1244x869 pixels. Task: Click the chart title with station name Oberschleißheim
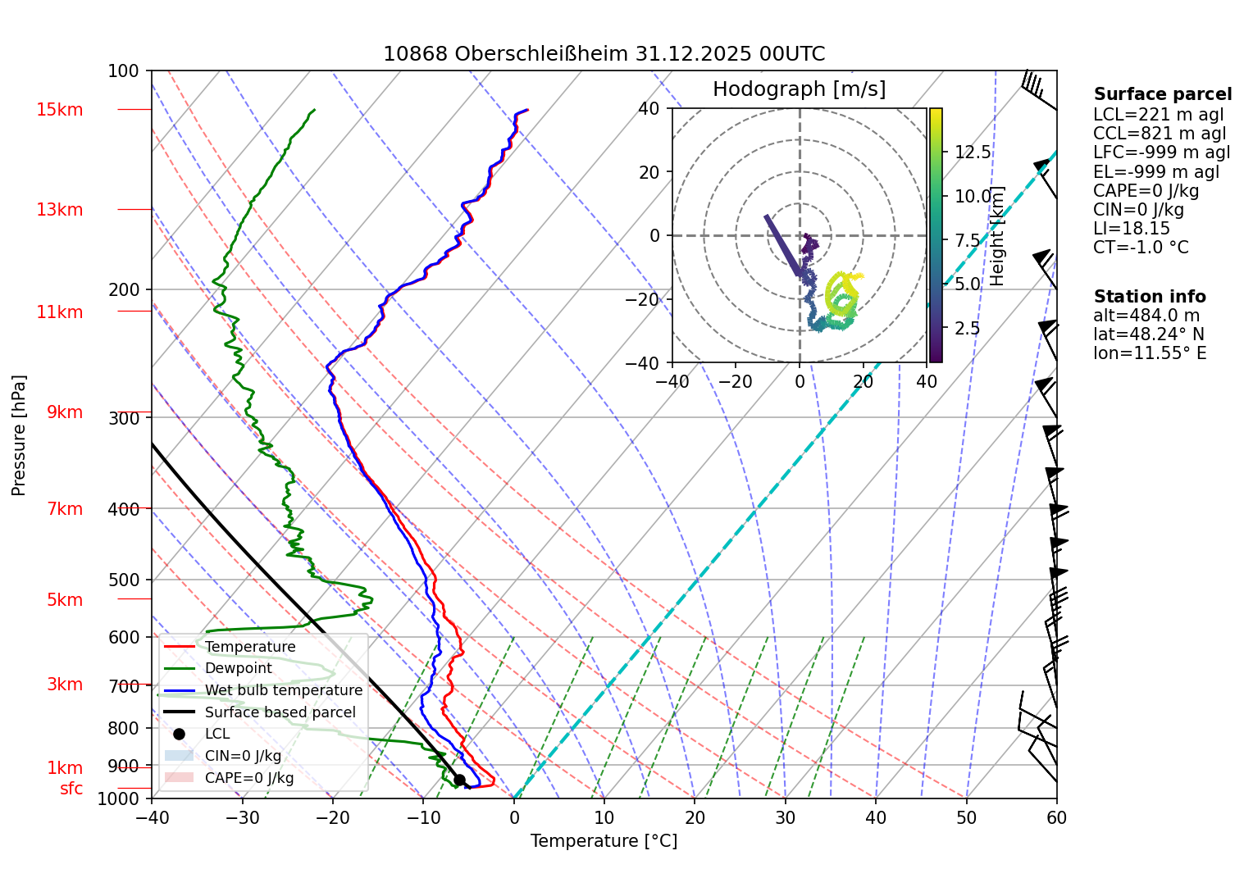click(x=604, y=54)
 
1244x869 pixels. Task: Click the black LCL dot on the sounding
click(x=459, y=780)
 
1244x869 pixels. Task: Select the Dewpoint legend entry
click(x=238, y=668)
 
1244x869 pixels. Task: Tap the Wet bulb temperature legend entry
click(x=283, y=690)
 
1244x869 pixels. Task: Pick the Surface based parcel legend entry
click(x=280, y=712)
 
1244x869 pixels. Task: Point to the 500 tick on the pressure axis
click(x=123, y=580)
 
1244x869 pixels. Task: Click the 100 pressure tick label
click(x=123, y=71)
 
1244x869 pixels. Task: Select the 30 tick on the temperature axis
click(x=785, y=817)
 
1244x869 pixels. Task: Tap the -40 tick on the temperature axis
click(x=152, y=817)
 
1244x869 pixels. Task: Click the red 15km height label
click(x=59, y=110)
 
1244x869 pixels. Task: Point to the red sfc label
click(x=71, y=789)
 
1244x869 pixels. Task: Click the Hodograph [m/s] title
click(x=799, y=89)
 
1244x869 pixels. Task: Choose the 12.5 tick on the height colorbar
click(x=973, y=152)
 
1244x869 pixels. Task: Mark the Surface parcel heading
click(x=1162, y=94)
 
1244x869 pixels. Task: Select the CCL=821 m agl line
click(x=1160, y=134)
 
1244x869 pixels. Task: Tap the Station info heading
click(x=1149, y=297)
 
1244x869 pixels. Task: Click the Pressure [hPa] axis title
click(x=19, y=435)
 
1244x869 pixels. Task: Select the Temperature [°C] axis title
click(x=604, y=841)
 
